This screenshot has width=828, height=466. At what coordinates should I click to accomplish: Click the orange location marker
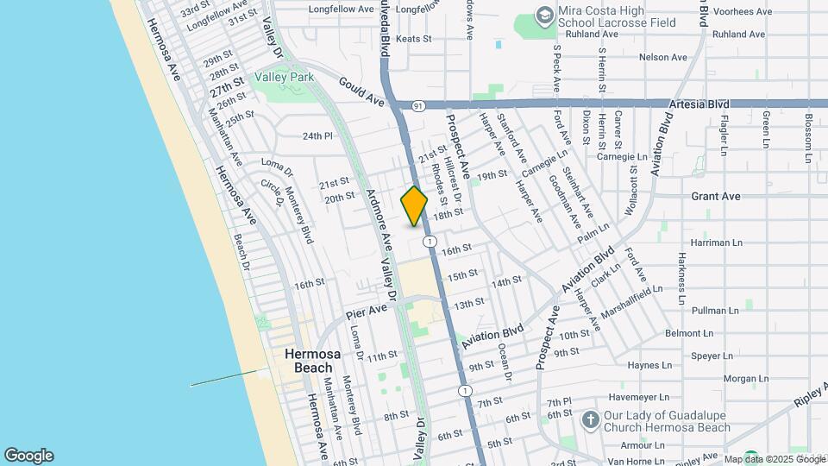(x=414, y=206)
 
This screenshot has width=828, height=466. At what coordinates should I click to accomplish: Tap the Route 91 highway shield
(x=418, y=105)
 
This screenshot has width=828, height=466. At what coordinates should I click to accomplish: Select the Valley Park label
(x=284, y=78)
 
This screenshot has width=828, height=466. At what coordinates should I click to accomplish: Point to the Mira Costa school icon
(x=544, y=15)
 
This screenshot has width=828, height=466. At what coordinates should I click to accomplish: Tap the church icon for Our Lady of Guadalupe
(x=590, y=420)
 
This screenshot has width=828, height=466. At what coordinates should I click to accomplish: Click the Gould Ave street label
(x=361, y=96)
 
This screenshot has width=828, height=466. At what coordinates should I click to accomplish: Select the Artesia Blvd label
(x=699, y=104)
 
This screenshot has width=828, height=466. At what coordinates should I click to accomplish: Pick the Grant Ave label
(x=716, y=197)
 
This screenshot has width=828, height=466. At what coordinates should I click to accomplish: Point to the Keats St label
(x=413, y=39)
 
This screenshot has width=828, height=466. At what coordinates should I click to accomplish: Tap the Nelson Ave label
(x=662, y=58)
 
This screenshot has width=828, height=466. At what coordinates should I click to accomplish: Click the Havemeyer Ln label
(x=631, y=397)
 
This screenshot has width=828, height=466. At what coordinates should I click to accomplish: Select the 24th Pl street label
(x=317, y=136)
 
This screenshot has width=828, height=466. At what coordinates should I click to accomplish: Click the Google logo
(x=28, y=456)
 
